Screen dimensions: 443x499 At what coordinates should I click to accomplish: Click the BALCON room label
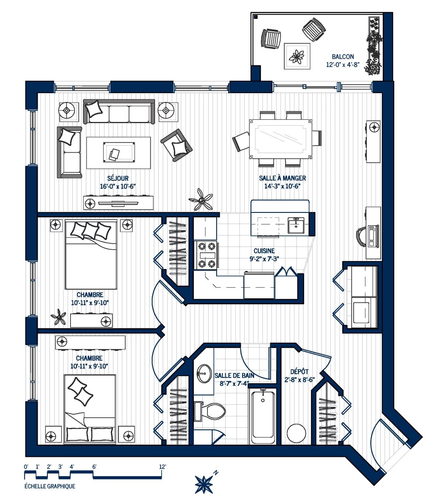click(x=343, y=57)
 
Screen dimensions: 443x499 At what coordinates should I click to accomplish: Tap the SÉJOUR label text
click(x=118, y=178)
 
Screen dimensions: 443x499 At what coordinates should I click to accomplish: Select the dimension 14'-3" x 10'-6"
click(x=282, y=186)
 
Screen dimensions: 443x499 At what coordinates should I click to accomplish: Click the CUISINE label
click(x=264, y=251)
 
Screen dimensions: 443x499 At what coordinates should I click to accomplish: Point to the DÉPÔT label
click(x=299, y=372)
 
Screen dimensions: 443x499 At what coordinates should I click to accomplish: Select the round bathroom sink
click(x=204, y=374)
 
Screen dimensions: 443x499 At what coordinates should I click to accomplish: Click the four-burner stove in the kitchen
click(x=207, y=255)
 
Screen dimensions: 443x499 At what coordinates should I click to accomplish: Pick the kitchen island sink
click(x=296, y=225)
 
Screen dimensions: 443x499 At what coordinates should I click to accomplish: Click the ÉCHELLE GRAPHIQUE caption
click(x=50, y=486)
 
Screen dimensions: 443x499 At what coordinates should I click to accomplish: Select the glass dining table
click(x=281, y=139)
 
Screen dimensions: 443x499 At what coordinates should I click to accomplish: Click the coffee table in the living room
click(x=119, y=153)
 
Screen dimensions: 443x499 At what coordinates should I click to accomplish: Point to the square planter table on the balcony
click(x=297, y=56)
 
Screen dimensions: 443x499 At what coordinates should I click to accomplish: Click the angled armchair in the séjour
click(x=176, y=145)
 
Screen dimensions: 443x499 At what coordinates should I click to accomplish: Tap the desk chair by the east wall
click(x=361, y=237)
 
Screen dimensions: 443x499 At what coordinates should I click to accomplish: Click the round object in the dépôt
click(x=296, y=433)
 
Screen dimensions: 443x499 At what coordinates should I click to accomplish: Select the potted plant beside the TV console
click(x=201, y=200)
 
